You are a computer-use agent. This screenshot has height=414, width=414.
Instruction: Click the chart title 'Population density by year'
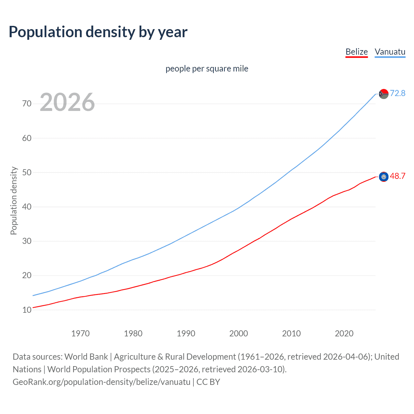98,32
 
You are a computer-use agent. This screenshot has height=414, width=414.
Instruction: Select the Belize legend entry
356,52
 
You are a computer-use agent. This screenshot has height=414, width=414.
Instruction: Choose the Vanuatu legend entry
390,52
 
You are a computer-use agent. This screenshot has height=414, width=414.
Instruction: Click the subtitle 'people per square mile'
207,69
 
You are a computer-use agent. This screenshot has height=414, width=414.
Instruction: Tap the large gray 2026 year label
67,102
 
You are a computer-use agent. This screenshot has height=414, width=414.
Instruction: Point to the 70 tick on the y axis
27,104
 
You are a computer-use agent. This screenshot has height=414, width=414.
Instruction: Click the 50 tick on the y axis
27,172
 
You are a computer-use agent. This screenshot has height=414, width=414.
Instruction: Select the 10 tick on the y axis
27,310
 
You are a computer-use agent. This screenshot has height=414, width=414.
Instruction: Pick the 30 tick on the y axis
27,241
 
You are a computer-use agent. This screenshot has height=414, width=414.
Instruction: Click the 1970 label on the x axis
80,333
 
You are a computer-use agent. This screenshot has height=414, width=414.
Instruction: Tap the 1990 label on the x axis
186,333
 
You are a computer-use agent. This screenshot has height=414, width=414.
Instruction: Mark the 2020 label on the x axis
344,333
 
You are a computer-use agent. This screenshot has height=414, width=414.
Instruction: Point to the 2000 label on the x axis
238,333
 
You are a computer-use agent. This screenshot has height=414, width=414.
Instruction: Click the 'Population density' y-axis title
14,201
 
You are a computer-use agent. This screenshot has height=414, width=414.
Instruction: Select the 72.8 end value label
398,93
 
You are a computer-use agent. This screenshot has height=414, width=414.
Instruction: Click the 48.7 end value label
398,176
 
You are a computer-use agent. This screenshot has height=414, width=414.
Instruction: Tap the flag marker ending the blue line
384,94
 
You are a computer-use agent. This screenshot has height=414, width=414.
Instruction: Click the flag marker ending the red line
384,177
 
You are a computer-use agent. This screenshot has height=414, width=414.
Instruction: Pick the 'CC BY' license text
208,382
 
